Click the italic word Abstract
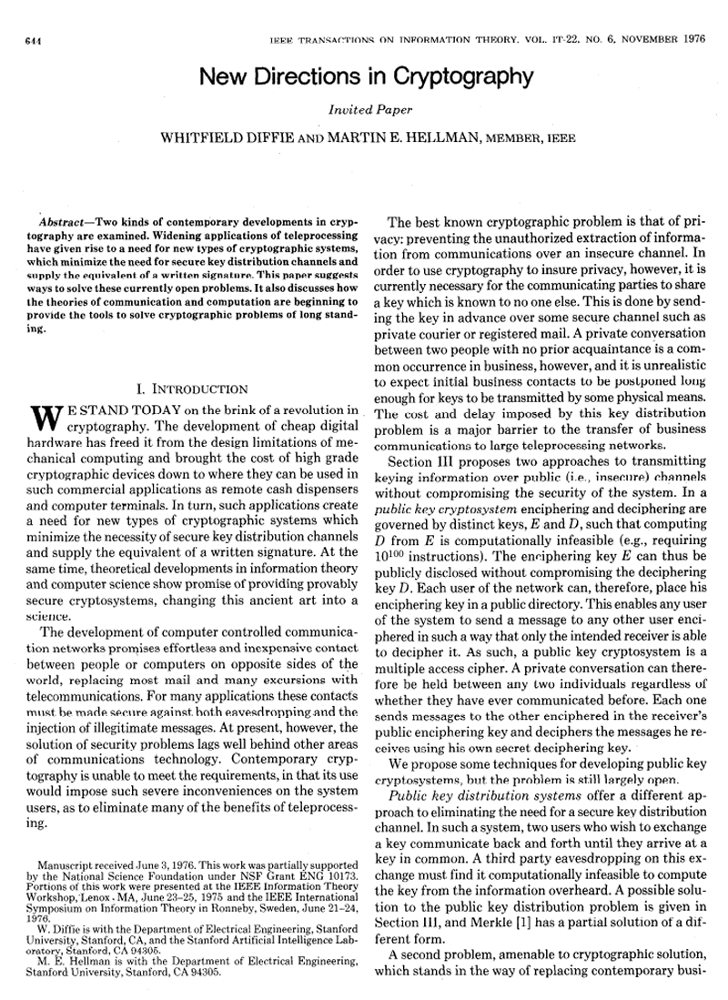(63, 223)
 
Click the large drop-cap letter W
(46, 419)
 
